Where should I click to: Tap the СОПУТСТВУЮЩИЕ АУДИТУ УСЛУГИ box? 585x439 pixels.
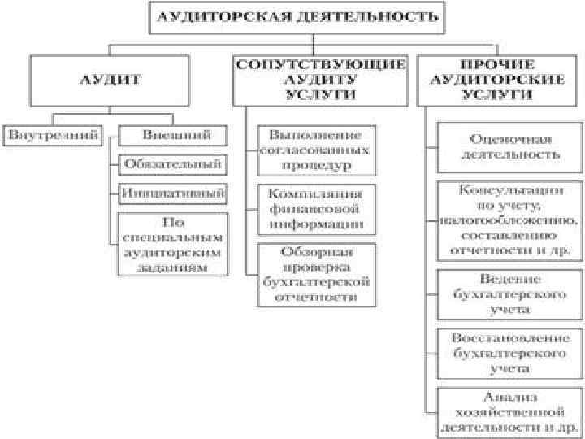pyautogui.click(x=319, y=80)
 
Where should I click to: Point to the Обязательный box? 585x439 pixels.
pyautogui.click(x=172, y=163)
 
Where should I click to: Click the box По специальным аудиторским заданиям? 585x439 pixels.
pyautogui.click(x=172, y=243)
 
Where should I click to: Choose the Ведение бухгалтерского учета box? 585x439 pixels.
pyautogui.click(x=510, y=293)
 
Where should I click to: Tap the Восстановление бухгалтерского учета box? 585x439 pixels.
pyautogui.click(x=510, y=352)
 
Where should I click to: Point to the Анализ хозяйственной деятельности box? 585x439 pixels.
pyautogui.click(x=510, y=411)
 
